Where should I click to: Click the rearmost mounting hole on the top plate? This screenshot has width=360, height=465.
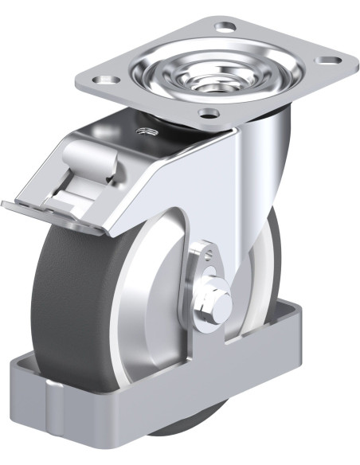coord(226,27)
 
